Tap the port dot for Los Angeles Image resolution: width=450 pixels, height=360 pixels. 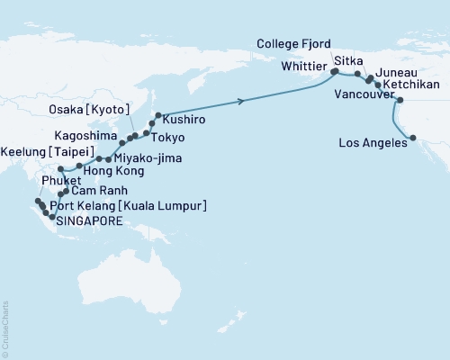click(x=412, y=138)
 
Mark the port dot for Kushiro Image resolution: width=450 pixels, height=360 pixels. click(x=158, y=115)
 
